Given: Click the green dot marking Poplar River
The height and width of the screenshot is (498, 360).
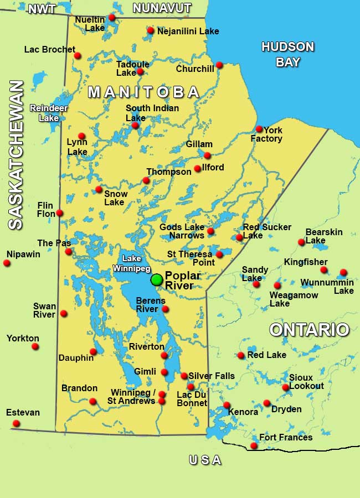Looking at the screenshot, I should [157, 280].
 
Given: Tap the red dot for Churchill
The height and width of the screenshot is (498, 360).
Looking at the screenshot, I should [219, 65].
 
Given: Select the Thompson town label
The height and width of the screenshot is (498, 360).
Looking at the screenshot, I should [169, 172].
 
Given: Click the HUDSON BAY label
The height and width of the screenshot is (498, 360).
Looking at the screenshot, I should [287, 54].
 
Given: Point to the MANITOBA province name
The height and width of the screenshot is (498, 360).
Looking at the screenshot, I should [144, 92].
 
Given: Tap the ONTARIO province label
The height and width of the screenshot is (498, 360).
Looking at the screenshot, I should [309, 330].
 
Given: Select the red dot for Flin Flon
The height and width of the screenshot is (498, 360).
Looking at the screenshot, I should [59, 213].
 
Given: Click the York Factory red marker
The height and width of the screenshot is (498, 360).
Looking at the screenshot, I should [259, 129].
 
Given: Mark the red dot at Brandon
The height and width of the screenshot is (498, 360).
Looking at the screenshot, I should [93, 401].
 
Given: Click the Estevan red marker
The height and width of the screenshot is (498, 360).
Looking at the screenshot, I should [16, 423].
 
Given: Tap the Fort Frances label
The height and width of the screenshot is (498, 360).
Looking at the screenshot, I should [286, 438].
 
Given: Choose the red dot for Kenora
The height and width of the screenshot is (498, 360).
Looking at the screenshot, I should [227, 405].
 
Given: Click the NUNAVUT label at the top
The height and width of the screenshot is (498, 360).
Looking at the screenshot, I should [162, 8].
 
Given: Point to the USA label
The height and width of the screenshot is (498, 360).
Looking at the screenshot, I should [205, 460].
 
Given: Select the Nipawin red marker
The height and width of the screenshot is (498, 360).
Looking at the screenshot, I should [7, 263].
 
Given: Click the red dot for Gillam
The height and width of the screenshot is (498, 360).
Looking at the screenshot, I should [207, 155].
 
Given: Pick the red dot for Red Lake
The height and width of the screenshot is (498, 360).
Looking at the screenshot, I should [241, 355].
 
